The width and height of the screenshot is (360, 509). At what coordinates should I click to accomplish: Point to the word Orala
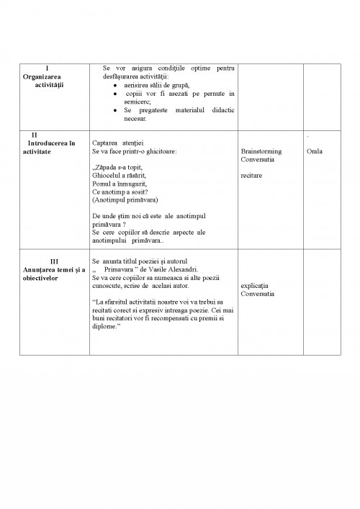click(315, 151)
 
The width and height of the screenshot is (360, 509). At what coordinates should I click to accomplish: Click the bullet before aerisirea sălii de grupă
click(115, 85)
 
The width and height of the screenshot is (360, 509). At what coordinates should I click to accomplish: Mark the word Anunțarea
click(42, 269)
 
